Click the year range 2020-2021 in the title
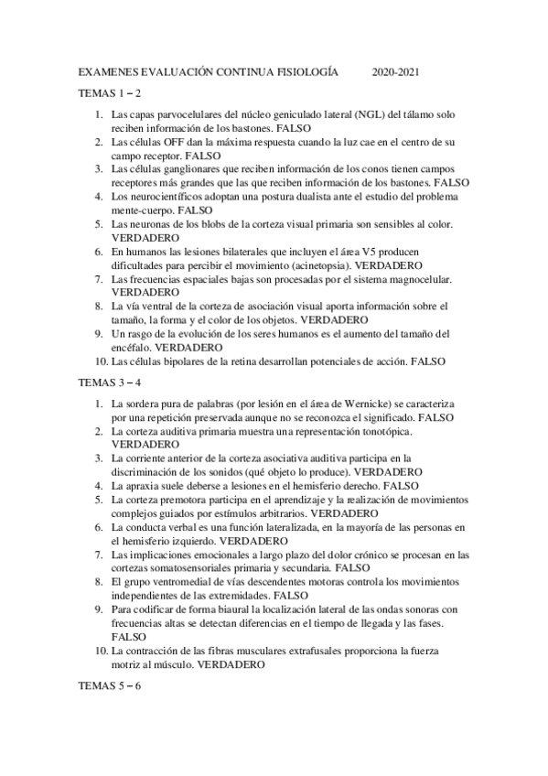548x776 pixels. [x=396, y=71]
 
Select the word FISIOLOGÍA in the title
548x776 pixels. [x=302, y=71]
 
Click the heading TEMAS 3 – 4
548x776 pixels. [x=110, y=383]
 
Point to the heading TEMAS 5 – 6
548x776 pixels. [x=110, y=686]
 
